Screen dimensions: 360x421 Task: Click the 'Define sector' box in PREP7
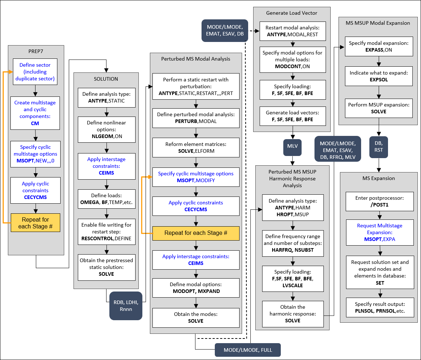[35, 72]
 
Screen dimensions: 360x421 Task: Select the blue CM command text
[35, 123]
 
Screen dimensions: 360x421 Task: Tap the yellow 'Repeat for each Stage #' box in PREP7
[35, 223]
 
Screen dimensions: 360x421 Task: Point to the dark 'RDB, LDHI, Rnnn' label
[126, 305]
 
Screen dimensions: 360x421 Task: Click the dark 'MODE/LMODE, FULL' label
[247, 350]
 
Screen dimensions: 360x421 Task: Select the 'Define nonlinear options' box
[106, 129]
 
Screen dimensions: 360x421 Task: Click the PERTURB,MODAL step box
[195, 118]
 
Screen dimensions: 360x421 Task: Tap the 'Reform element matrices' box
[195, 147]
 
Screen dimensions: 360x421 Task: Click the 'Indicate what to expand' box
[378, 76]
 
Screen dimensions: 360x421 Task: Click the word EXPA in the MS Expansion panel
[389, 239]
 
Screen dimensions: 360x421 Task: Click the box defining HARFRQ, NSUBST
[293, 243]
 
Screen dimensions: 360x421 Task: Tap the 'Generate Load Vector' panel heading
[292, 13]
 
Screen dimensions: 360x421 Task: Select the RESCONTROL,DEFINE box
[106, 232]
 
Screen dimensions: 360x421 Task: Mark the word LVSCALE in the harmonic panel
[293, 285]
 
